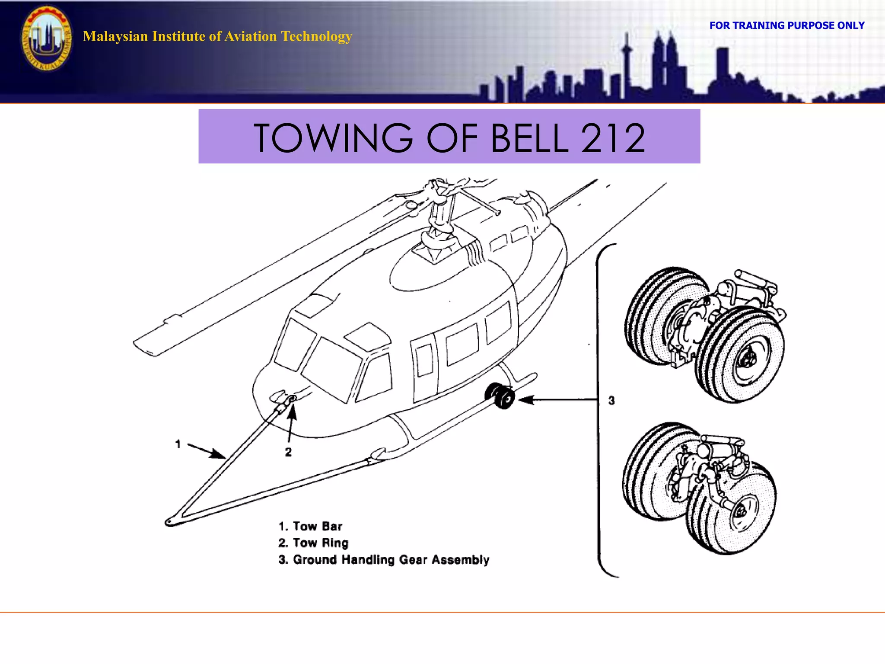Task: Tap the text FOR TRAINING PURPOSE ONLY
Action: (x=786, y=26)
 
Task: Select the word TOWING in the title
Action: (x=333, y=138)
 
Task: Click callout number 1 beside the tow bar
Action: (x=178, y=444)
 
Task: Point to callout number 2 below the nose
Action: (x=288, y=452)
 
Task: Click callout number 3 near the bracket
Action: (x=611, y=401)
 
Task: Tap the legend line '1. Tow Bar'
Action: (x=310, y=526)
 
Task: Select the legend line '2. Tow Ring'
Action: (x=313, y=543)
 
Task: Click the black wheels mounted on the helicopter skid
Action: (x=500, y=396)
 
